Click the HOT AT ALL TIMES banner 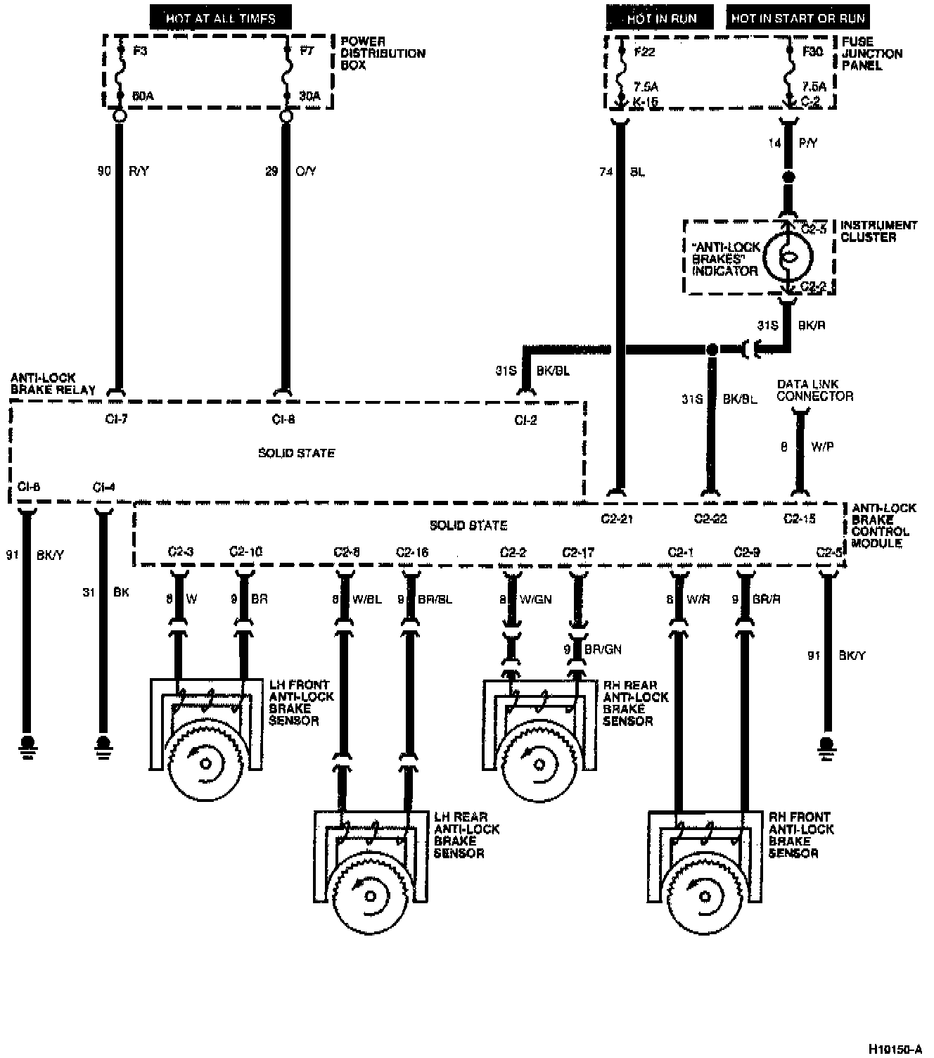pyautogui.click(x=220, y=18)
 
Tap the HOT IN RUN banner pyautogui.click(x=659, y=18)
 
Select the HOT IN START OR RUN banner pyautogui.click(x=798, y=18)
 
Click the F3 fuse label pyautogui.click(x=140, y=51)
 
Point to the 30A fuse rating pyautogui.click(x=309, y=96)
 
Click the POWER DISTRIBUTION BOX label pyautogui.click(x=383, y=53)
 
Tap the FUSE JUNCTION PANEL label pyautogui.click(x=872, y=53)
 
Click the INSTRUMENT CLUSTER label pyautogui.click(x=878, y=231)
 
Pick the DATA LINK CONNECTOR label pyautogui.click(x=814, y=390)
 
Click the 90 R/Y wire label pyautogui.click(x=122, y=171)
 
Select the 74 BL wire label pyautogui.click(x=622, y=171)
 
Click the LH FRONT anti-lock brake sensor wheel pyautogui.click(x=207, y=763)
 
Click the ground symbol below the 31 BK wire pyautogui.click(x=103, y=744)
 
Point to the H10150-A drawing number pyautogui.click(x=894, y=1049)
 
